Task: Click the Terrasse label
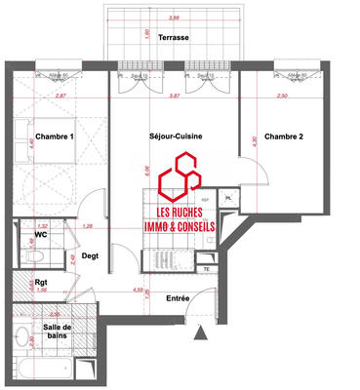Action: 177,37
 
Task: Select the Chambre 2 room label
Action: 284,137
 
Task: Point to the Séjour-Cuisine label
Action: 175,136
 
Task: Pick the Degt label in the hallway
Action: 91,255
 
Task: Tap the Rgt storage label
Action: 42,285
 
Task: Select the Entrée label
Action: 177,297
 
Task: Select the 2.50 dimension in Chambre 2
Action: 283,97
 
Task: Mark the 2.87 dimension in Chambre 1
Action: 60,97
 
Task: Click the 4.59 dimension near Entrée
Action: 140,289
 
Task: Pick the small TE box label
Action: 206,269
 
